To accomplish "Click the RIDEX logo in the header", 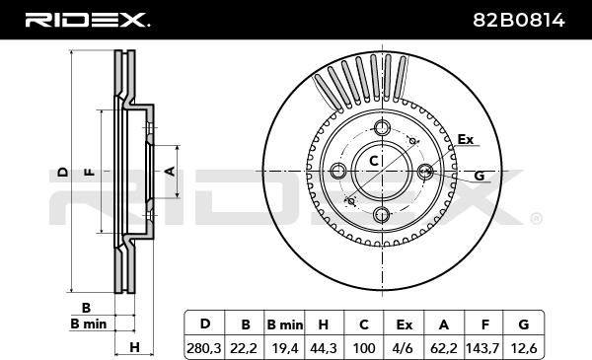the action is click(87, 20).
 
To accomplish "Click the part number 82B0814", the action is click(519, 20).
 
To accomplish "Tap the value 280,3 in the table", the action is click(204, 347).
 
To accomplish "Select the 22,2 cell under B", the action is click(244, 347).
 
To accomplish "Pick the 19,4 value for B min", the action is click(285, 347).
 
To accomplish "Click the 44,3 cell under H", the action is click(324, 347).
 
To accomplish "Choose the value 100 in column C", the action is click(363, 347).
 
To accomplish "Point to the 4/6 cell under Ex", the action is click(403, 347).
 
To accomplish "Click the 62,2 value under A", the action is click(444, 347).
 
